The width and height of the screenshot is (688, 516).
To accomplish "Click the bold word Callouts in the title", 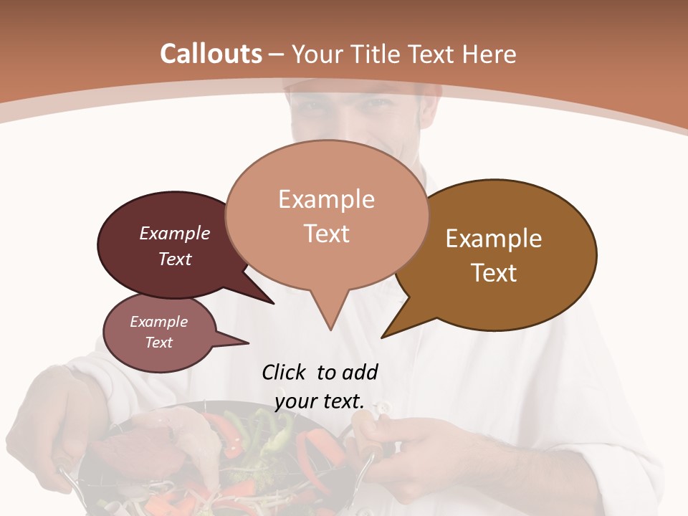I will pyautogui.click(x=211, y=54).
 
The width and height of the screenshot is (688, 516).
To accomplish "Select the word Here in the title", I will pyautogui.click(x=488, y=54).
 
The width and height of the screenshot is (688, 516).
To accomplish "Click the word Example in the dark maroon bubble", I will pyautogui.click(x=175, y=233).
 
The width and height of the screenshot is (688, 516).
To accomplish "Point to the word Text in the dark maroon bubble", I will pyautogui.click(x=175, y=259).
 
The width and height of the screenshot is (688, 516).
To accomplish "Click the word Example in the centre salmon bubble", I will pyautogui.click(x=326, y=199).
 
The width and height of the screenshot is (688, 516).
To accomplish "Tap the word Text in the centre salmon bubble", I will pyautogui.click(x=326, y=234).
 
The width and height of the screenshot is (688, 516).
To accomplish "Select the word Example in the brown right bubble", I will pyautogui.click(x=494, y=239).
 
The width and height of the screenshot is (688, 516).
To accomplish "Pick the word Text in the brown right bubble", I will pyautogui.click(x=494, y=273).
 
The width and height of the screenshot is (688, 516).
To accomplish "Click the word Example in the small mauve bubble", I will pyautogui.click(x=158, y=322).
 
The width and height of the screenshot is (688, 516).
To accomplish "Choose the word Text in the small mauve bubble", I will pyautogui.click(x=158, y=343).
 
